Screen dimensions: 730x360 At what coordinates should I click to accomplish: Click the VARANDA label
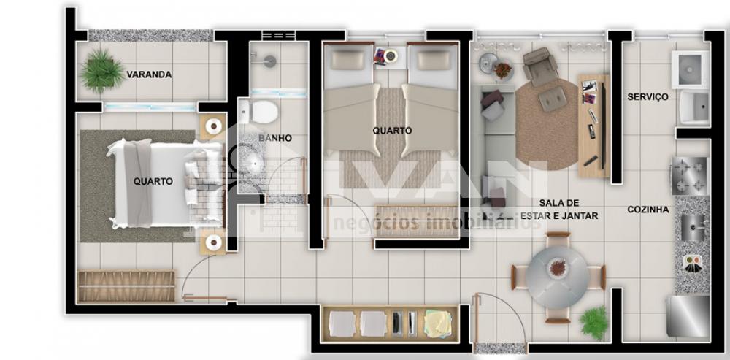pyautogui.click(x=149, y=74)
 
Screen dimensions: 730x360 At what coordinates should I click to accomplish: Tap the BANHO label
pyautogui.click(x=275, y=138)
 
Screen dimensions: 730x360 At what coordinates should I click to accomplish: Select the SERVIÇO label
pyautogui.click(x=648, y=97)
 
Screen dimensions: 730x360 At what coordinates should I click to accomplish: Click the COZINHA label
pyautogui.click(x=648, y=210)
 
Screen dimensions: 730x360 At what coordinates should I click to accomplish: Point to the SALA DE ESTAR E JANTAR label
pyautogui.click(x=559, y=210)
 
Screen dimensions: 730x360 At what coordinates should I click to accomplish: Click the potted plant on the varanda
pyautogui.click(x=102, y=71)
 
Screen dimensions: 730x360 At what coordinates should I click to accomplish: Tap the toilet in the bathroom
pyautogui.click(x=259, y=112)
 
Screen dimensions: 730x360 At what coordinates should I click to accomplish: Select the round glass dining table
pyautogui.click(x=558, y=277)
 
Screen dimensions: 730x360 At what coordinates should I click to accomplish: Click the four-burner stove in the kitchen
pyautogui.click(x=689, y=175)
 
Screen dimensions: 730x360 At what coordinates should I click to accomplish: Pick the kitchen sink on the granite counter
pyautogui.click(x=693, y=227)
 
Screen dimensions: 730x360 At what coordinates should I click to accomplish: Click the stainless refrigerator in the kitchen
pyautogui.click(x=688, y=315)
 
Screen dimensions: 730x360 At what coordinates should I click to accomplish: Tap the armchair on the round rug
pyautogui.click(x=540, y=66)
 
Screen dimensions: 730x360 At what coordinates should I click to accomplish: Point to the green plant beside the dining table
pyautogui.click(x=594, y=321)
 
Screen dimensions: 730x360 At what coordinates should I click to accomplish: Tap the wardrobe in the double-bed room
pyautogui.click(x=126, y=286)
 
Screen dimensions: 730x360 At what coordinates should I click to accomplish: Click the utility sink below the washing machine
pyautogui.click(x=694, y=108)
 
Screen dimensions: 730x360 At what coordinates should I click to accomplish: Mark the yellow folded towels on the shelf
pyautogui.click(x=437, y=323)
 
